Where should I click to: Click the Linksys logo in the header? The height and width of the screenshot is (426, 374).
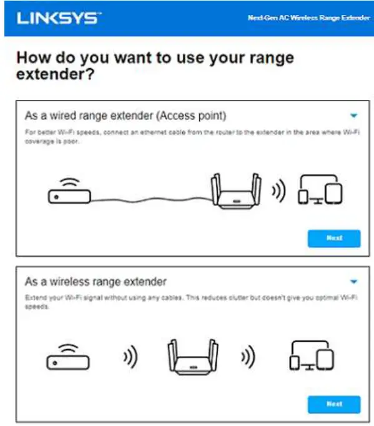[57, 18]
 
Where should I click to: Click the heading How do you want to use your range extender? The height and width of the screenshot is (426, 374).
[155, 66]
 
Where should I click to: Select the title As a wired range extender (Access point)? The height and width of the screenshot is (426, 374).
[125, 116]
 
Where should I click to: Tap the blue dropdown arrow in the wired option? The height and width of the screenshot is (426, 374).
[353, 116]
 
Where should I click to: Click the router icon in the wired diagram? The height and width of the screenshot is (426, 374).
[69, 191]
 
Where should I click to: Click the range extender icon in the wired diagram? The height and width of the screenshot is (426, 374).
[237, 191]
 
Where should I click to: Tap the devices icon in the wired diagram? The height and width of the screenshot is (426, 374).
[320, 191]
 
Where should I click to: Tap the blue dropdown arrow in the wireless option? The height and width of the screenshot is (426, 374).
[353, 282]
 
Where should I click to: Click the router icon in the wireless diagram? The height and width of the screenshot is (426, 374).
[68, 357]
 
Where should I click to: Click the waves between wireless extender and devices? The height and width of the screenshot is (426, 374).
[248, 359]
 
